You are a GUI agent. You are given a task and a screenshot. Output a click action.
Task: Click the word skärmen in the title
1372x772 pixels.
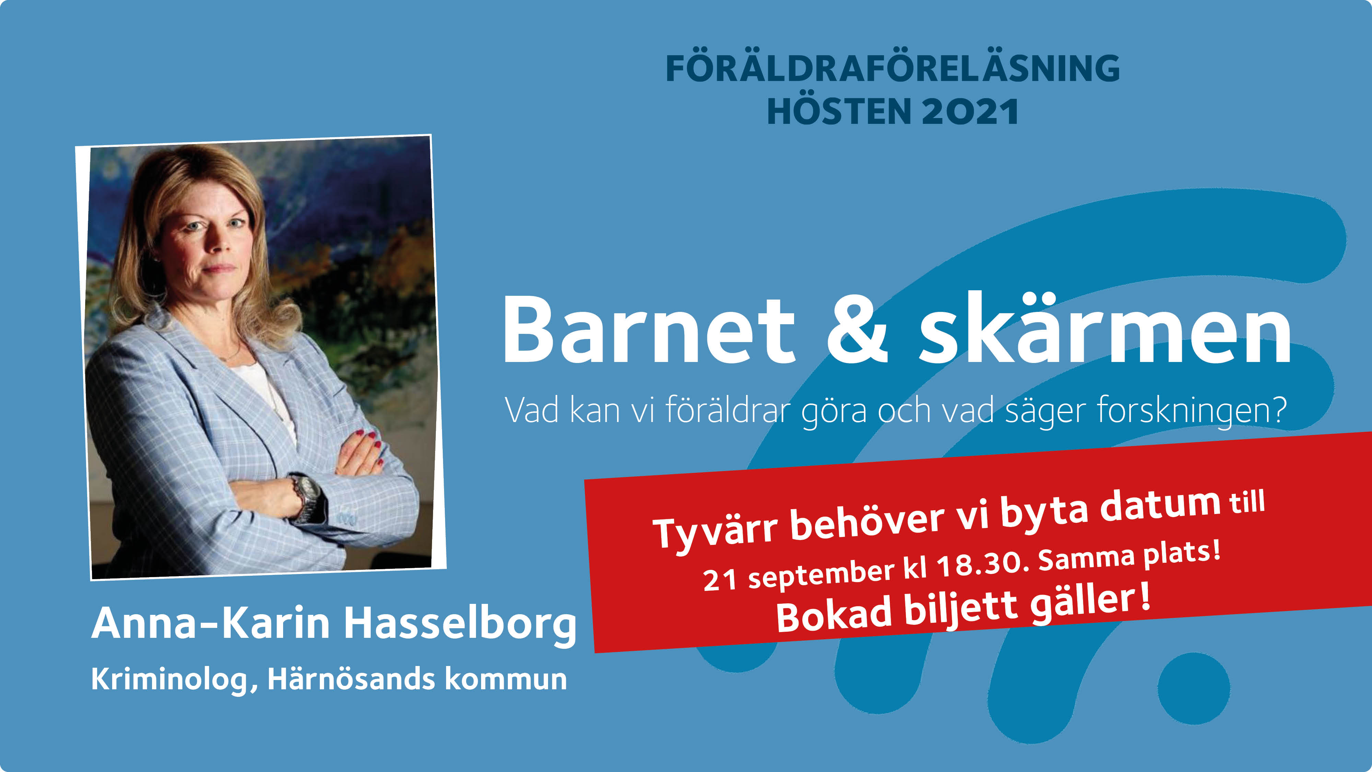(x=1105, y=328)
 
